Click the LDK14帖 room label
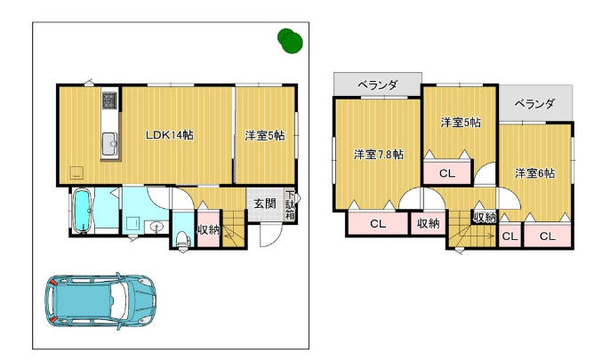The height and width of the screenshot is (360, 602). [x=169, y=135]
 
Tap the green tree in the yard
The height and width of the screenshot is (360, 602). [x=290, y=41]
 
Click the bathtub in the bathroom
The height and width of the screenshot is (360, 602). [x=82, y=211]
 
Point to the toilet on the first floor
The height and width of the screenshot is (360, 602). [x=183, y=239]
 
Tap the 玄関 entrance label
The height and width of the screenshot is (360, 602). [x=264, y=204]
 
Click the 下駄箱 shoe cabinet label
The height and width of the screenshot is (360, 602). [x=290, y=205]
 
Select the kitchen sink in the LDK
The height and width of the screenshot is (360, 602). [x=110, y=143]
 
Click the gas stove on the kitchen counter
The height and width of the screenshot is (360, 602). [x=109, y=100]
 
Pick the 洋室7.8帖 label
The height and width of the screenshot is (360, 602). [x=378, y=155]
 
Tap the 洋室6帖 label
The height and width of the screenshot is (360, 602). [x=534, y=173]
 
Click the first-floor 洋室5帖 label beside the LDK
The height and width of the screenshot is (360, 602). [x=265, y=135]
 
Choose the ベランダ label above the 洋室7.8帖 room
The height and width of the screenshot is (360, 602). [x=377, y=84]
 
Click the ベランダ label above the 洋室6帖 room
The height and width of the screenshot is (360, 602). [x=534, y=104]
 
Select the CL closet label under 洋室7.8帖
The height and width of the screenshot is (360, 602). [x=378, y=224]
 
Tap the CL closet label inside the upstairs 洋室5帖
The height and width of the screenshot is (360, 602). [x=447, y=173]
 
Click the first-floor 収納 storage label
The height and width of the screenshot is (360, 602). [x=208, y=230]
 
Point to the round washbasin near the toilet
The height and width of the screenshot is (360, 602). [x=157, y=228]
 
